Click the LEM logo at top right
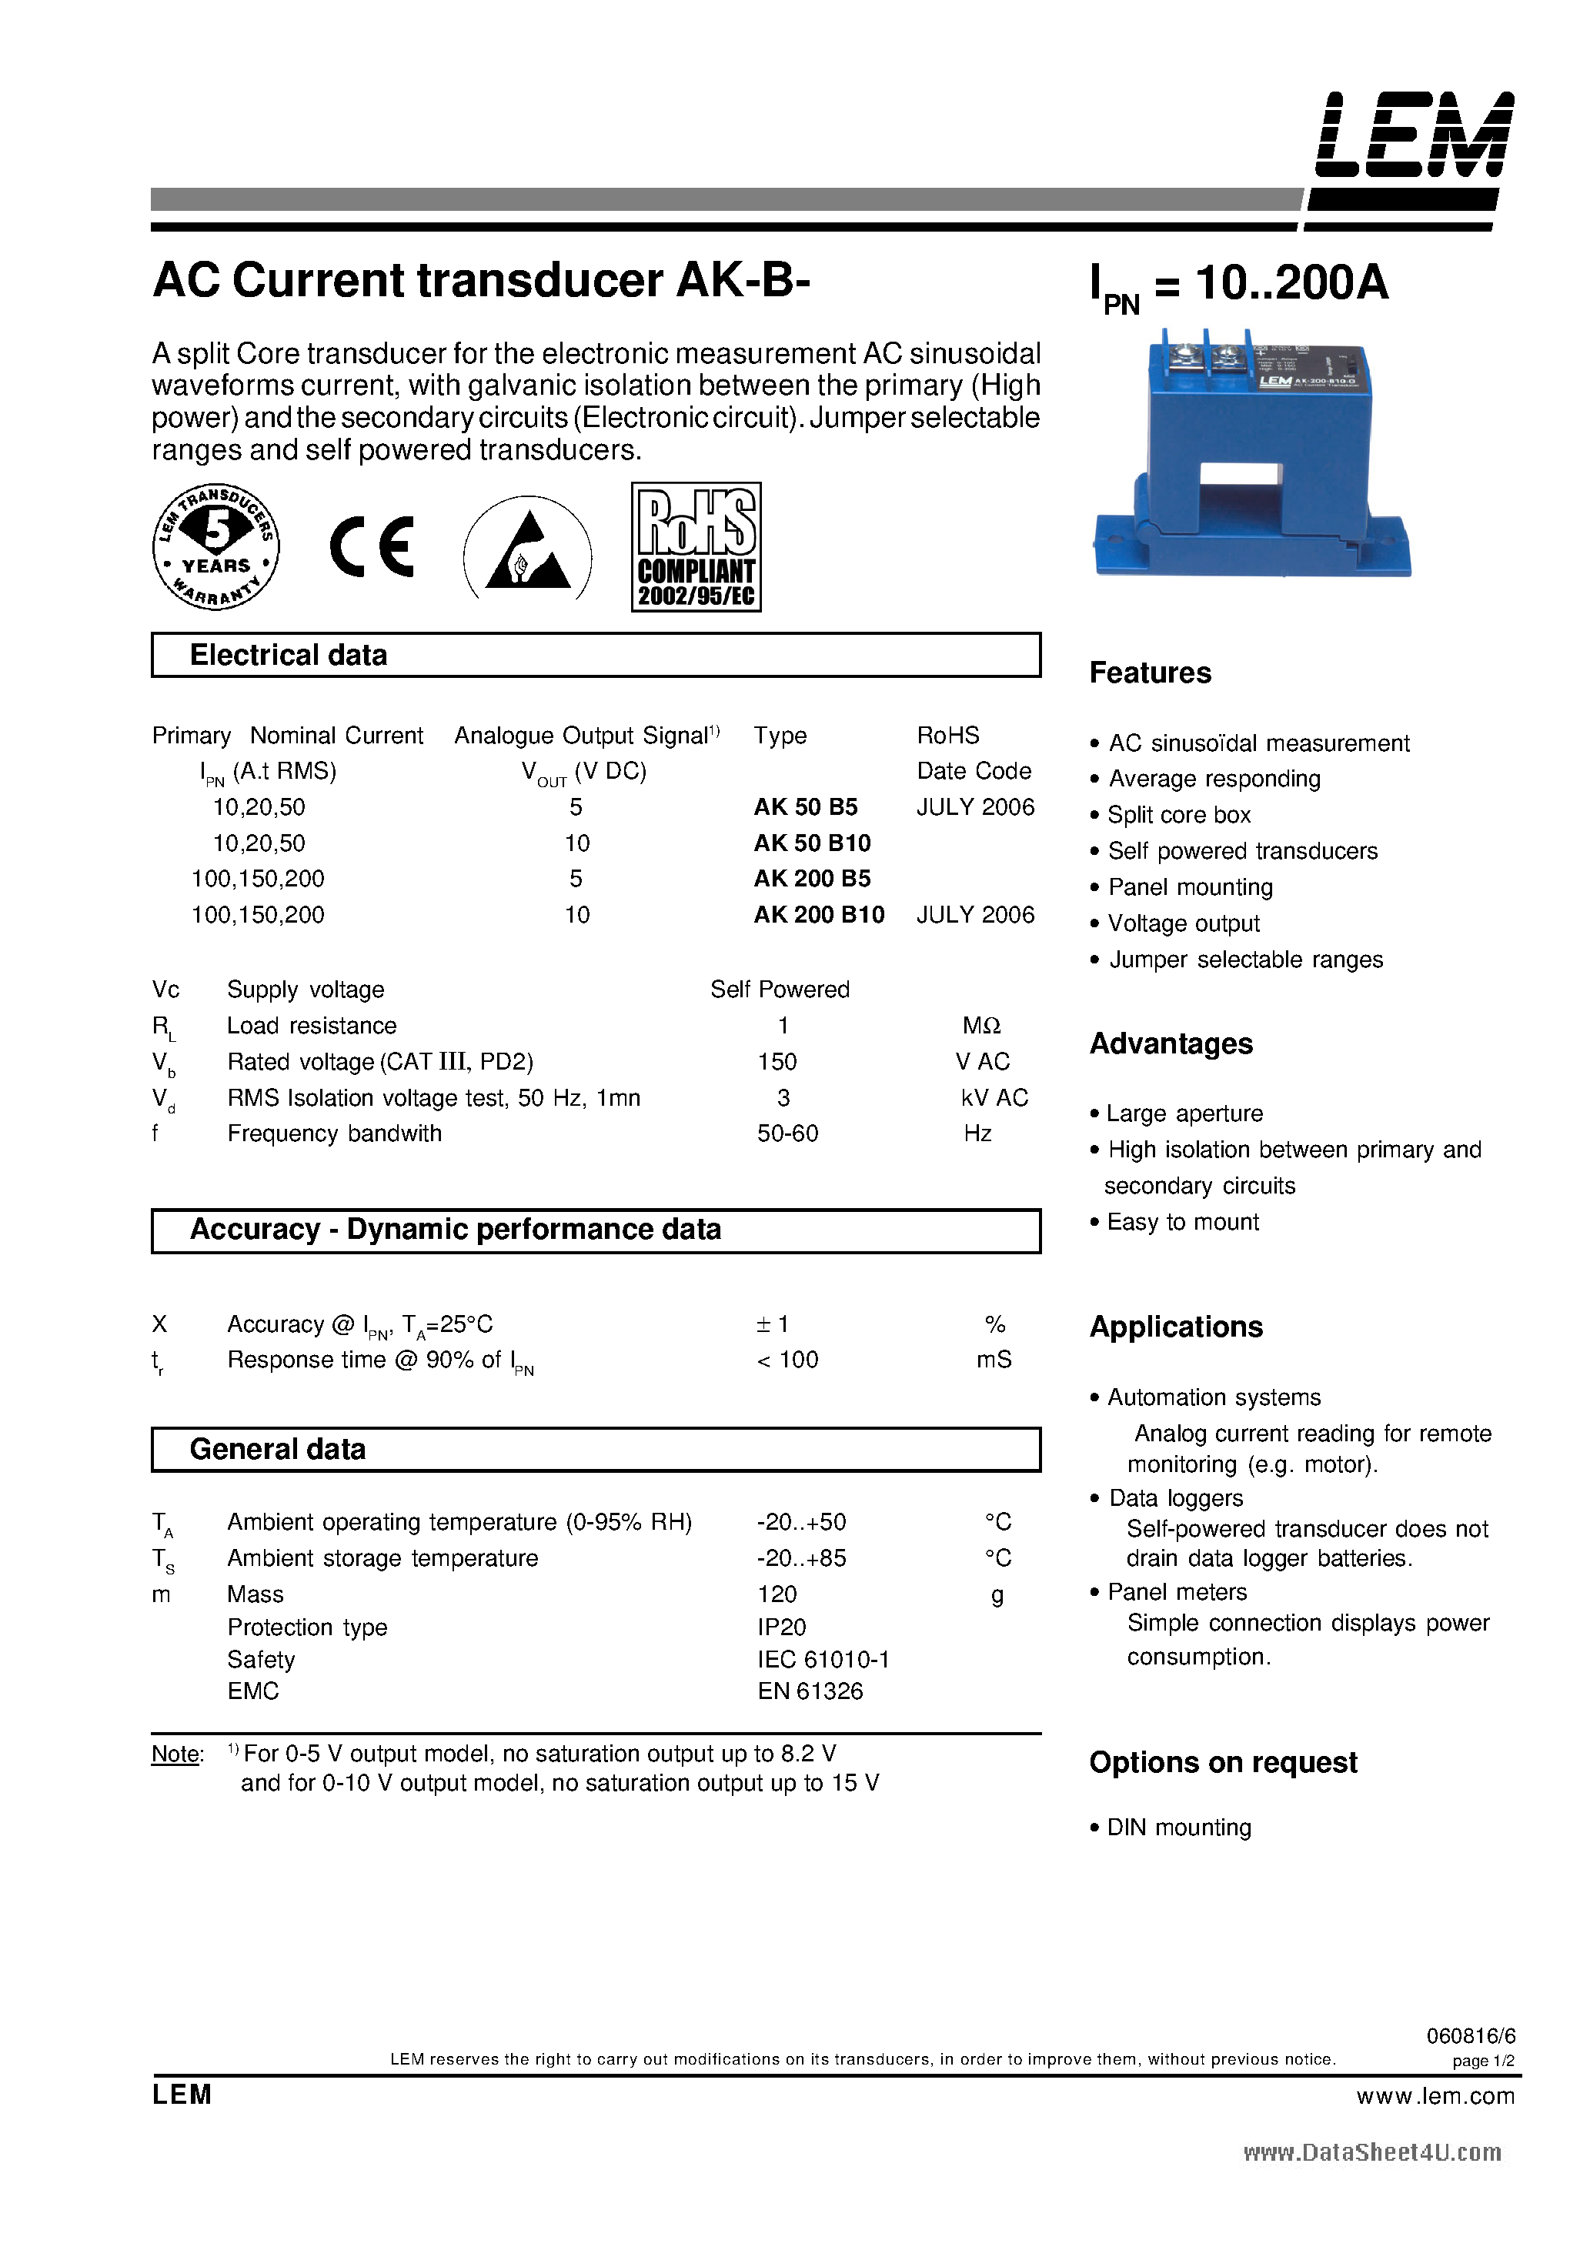point(1414,136)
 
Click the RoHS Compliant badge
point(696,547)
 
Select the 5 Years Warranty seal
point(215,547)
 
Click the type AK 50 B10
point(812,843)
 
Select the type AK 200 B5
point(812,878)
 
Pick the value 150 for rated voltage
point(777,1061)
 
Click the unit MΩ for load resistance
point(980,1025)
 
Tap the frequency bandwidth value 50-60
point(787,1133)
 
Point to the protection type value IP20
point(781,1627)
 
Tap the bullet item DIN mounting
point(1178,1828)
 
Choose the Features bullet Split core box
point(1178,816)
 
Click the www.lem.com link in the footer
point(1435,2095)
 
